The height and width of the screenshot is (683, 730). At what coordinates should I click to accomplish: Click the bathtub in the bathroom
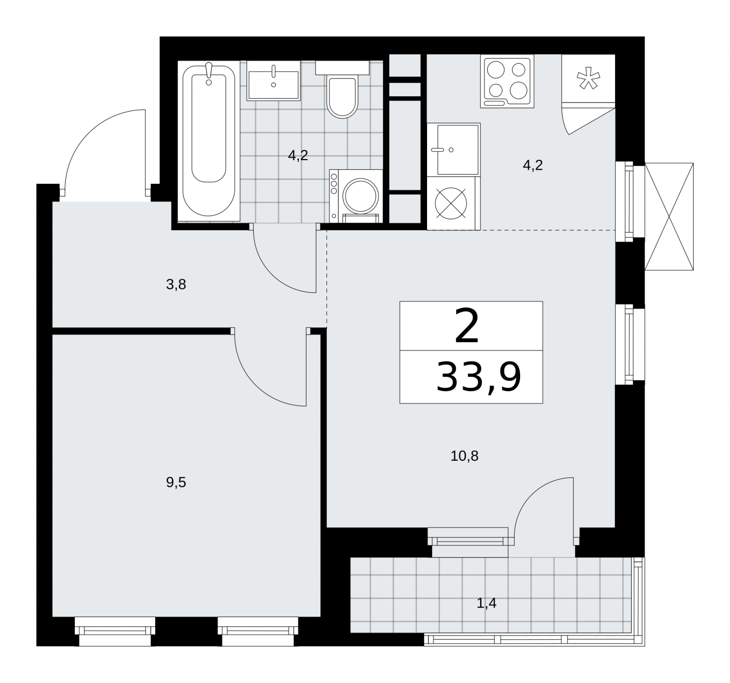click(209, 141)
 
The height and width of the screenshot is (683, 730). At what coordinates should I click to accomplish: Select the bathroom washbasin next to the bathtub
click(273, 80)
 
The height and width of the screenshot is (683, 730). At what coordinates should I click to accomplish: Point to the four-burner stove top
click(507, 82)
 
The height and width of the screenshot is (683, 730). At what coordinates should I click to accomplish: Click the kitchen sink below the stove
click(454, 150)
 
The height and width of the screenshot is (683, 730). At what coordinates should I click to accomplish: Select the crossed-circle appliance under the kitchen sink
click(451, 203)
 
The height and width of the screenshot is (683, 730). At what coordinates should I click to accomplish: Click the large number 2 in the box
click(467, 327)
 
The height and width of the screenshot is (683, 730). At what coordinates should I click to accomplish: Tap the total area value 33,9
click(479, 377)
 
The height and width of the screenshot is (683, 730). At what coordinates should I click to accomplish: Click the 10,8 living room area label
click(464, 456)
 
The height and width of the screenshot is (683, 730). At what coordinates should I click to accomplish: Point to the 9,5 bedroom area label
click(176, 483)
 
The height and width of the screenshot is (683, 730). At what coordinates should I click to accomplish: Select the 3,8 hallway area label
click(176, 286)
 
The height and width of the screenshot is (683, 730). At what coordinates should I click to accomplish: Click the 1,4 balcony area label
click(486, 604)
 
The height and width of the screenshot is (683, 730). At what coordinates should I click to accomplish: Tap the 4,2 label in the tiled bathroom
click(298, 156)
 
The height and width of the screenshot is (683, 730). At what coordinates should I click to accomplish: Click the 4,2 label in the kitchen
click(532, 165)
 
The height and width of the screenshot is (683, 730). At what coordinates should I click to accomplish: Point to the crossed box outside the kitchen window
click(669, 217)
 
